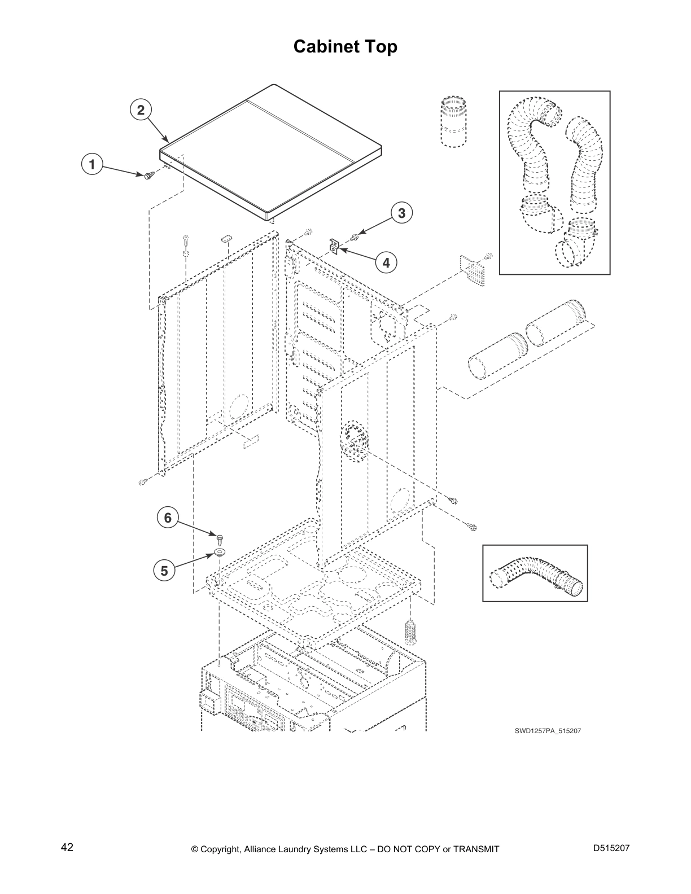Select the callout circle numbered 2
click(141, 109)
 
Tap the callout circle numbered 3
click(401, 213)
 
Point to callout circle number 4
click(386, 262)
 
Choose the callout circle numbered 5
click(164, 571)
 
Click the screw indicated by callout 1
click(149, 176)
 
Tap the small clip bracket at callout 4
click(334, 247)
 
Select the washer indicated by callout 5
click(220, 552)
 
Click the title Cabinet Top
click(345, 46)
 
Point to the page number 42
click(67, 847)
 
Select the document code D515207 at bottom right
click(611, 848)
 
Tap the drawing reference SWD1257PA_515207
click(548, 731)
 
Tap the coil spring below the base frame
click(410, 632)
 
